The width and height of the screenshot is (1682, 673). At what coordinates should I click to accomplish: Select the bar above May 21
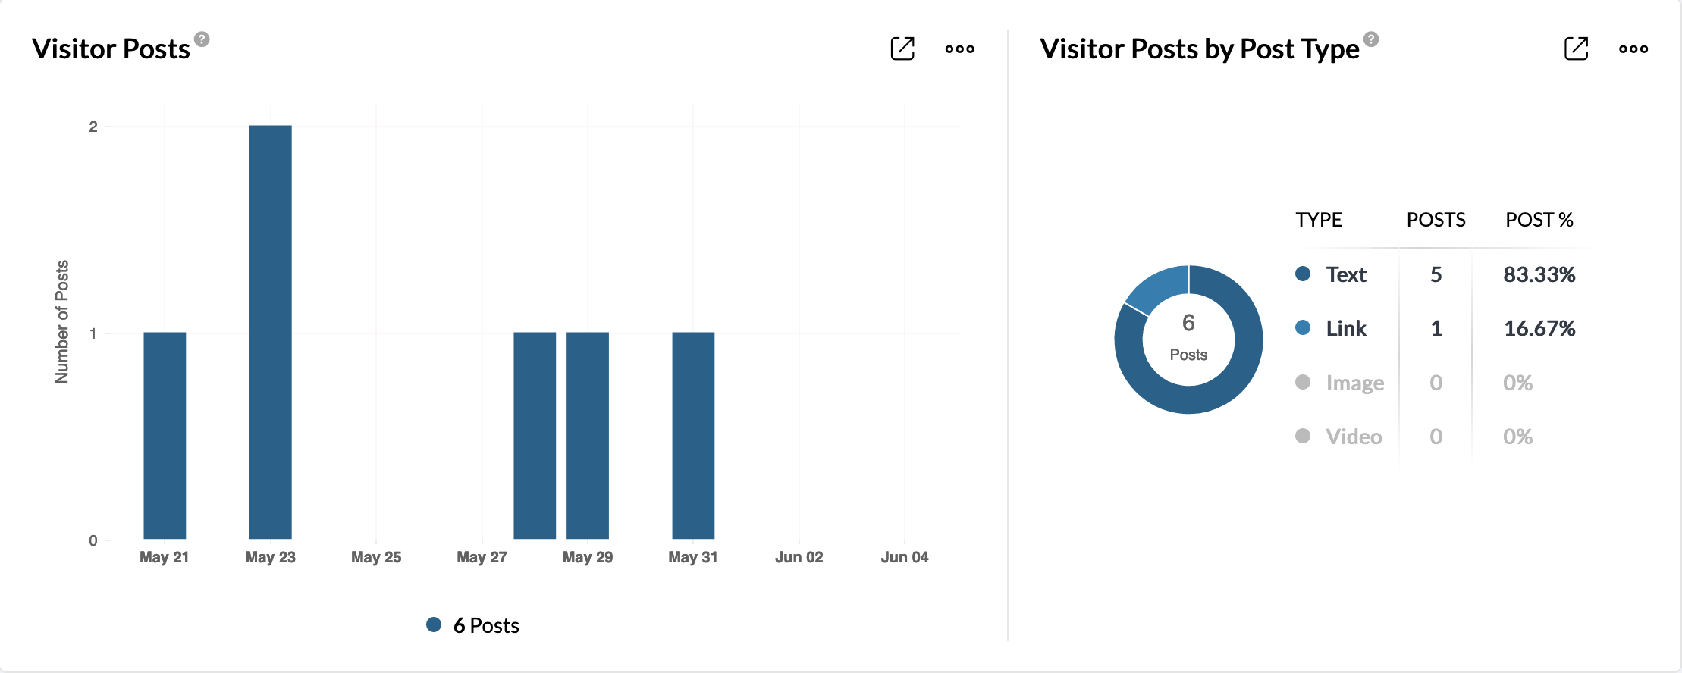pyautogui.click(x=165, y=435)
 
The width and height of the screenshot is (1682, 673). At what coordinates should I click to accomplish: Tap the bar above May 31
pyautogui.click(x=693, y=435)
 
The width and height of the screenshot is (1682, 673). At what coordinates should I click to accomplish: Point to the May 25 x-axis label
pyautogui.click(x=376, y=557)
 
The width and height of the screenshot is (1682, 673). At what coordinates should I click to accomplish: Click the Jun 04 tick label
pyautogui.click(x=904, y=557)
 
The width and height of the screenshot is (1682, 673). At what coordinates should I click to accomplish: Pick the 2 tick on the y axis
pyautogui.click(x=93, y=127)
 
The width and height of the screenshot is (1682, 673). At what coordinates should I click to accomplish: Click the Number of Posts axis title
pyautogui.click(x=62, y=321)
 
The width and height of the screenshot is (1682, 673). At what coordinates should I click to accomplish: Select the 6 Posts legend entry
pyautogui.click(x=473, y=625)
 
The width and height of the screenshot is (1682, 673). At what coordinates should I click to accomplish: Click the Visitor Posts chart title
pyautogui.click(x=111, y=49)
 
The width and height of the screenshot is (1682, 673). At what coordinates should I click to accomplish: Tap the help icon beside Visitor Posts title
pyautogui.click(x=202, y=39)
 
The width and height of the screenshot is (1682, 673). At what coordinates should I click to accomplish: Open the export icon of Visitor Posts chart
pyautogui.click(x=902, y=49)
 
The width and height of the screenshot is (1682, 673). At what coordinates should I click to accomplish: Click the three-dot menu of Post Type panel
pyautogui.click(x=1633, y=49)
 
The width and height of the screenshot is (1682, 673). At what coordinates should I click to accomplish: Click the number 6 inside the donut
pyautogui.click(x=1188, y=323)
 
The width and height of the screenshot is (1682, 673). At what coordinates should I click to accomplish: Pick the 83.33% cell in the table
pyautogui.click(x=1539, y=274)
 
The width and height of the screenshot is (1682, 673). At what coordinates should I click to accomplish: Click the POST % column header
pyautogui.click(x=1539, y=220)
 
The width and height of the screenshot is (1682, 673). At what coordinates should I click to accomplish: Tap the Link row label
pyautogui.click(x=1346, y=328)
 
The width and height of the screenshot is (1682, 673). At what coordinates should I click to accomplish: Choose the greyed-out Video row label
pyautogui.click(x=1354, y=437)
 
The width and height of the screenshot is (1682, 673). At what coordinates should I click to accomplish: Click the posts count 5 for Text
pyautogui.click(x=1436, y=274)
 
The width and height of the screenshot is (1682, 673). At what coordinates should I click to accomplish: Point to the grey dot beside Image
pyautogui.click(x=1303, y=382)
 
